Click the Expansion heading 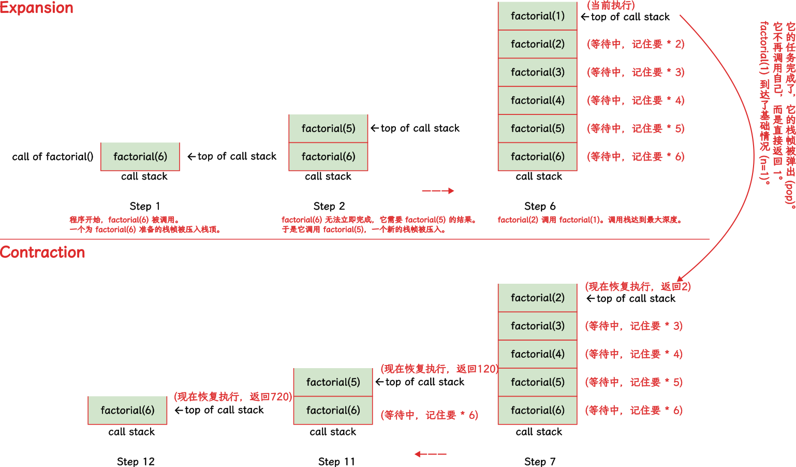(37, 8)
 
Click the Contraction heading (42, 252)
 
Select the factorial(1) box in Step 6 (537, 16)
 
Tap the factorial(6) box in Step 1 (140, 156)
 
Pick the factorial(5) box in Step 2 (328, 128)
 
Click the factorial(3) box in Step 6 (537, 72)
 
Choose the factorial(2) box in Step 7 (537, 298)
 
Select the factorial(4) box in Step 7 (537, 354)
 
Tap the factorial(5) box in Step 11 (333, 382)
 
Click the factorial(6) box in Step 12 (127, 410)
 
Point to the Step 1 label (144, 206)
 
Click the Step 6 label (539, 206)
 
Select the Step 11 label (336, 461)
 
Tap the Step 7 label (539, 461)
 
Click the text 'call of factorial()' (53, 156)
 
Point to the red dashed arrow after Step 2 (438, 191)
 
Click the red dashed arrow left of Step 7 (430, 454)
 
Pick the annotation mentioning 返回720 (233, 397)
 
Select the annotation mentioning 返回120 (439, 369)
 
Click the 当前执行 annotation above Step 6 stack (610, 5)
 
